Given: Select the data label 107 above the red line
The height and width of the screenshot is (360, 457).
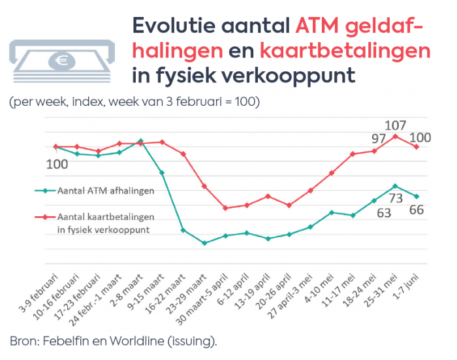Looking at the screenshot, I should point(396,124).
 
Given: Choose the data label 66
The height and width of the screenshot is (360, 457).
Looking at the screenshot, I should point(416,210).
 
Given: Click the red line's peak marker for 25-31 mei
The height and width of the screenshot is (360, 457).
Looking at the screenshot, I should point(395,136).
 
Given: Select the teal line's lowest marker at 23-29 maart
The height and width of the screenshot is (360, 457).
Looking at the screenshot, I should point(186,243).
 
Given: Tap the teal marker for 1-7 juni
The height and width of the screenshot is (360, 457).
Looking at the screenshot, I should point(416,196).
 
